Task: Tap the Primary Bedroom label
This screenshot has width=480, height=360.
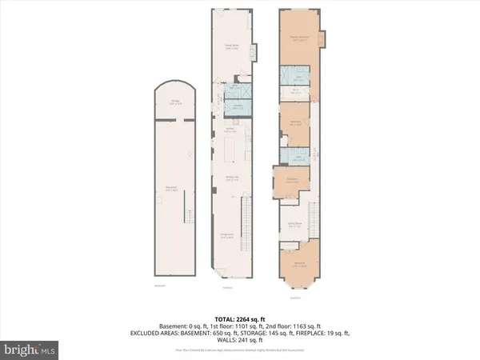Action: [x=300, y=38]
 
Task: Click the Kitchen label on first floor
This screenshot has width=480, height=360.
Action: [x=230, y=130]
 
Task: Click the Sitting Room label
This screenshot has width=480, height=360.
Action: [x=294, y=226]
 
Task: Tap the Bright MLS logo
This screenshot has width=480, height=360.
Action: [x=30, y=350]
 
